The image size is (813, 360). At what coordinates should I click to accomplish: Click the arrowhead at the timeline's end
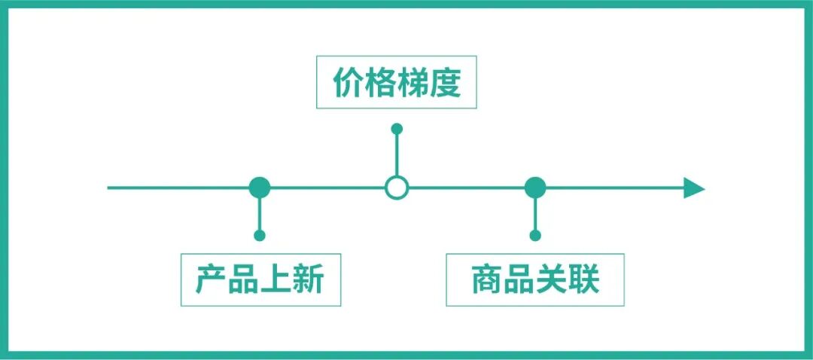pyautogui.click(x=693, y=188)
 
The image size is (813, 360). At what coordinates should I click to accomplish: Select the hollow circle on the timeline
pyautogui.click(x=397, y=188)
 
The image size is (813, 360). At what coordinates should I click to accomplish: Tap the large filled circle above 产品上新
pyautogui.click(x=260, y=188)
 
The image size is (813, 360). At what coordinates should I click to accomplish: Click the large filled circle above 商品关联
pyautogui.click(x=535, y=188)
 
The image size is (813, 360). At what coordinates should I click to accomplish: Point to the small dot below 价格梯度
pyautogui.click(x=397, y=129)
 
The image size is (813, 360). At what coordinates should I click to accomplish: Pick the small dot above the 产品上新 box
pyautogui.click(x=260, y=236)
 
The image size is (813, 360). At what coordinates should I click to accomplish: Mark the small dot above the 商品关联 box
pyautogui.click(x=535, y=236)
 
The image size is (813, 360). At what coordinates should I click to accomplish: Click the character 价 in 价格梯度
pyautogui.click(x=349, y=85)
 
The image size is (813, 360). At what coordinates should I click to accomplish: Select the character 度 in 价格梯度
pyautogui.click(x=445, y=85)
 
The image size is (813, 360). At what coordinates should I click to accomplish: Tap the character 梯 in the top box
pyautogui.click(x=413, y=85)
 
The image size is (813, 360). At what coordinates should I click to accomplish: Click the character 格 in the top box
pyautogui.click(x=381, y=85)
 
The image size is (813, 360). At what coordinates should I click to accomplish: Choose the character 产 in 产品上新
pyautogui.click(x=212, y=279)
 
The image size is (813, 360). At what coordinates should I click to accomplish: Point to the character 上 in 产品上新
pyautogui.click(x=276, y=279)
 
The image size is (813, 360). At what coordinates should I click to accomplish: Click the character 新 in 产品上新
pyautogui.click(x=309, y=279)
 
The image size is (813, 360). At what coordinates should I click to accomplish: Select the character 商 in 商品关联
pyautogui.click(x=487, y=279)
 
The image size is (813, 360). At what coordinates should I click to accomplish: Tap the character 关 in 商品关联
pyautogui.click(x=552, y=279)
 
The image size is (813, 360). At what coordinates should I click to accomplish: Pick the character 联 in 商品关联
pyautogui.click(x=584, y=279)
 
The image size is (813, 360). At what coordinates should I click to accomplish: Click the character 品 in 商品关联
pyautogui.click(x=519, y=279)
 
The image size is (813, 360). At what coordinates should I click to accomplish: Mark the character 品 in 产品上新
pyautogui.click(x=244, y=279)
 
